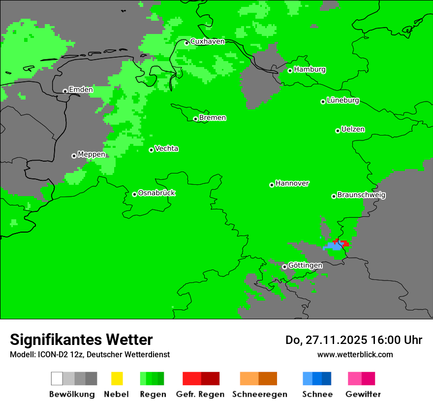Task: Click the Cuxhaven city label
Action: click(207, 41)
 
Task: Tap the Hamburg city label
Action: click(309, 69)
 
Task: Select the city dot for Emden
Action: click(65, 91)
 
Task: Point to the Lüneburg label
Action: click(343, 101)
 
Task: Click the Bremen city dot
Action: click(195, 119)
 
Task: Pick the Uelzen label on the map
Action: click(353, 130)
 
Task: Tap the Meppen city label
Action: click(91, 154)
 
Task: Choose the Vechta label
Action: click(166, 149)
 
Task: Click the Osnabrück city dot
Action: click(134, 194)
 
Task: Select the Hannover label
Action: click(292, 183)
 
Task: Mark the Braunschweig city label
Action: click(361, 195)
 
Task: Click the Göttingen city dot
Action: click(284, 267)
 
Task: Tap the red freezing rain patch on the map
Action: click(345, 243)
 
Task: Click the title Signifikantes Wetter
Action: click(81, 340)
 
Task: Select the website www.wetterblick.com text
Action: click(355, 354)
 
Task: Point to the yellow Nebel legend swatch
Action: click(117, 378)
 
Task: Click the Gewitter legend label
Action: click(363, 394)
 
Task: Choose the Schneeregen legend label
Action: click(259, 394)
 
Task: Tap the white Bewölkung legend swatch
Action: click(57, 378)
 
